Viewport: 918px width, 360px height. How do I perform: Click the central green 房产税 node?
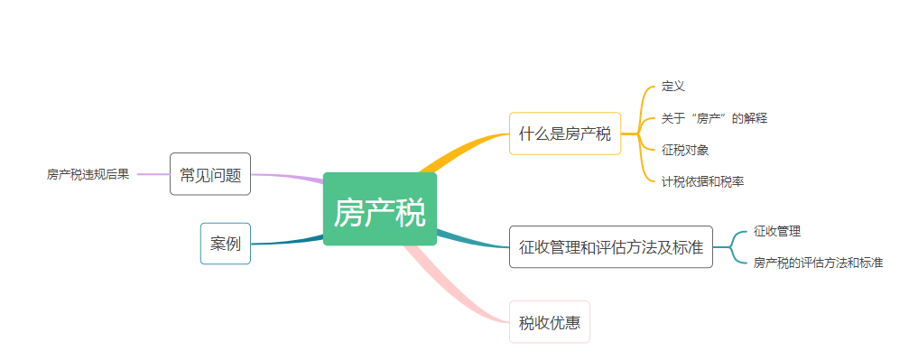pos(379,213)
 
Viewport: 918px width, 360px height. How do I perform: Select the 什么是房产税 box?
pos(565,134)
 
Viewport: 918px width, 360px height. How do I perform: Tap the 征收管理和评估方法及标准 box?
pos(610,246)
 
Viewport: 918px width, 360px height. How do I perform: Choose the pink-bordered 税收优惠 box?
pos(549,321)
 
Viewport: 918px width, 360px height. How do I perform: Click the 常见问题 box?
pos(209,174)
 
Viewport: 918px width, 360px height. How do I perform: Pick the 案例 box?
pos(225,244)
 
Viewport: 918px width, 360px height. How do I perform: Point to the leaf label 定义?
pos(673,87)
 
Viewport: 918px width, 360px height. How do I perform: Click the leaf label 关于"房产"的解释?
pos(714,118)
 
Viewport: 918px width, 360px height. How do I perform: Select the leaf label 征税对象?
pos(685,150)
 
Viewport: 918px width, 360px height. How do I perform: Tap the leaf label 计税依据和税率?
pos(702,181)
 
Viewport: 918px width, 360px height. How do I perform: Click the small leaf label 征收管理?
pos(777,231)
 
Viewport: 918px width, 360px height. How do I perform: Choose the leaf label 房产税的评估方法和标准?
pos(818,263)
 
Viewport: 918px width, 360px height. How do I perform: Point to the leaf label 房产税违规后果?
pos(88,174)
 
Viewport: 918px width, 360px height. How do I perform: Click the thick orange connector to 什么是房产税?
pos(465,150)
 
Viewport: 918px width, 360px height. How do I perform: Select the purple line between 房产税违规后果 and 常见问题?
pos(153,174)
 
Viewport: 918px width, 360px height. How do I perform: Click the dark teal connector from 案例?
pos(284,242)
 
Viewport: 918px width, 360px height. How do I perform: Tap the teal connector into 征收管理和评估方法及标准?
pos(474,242)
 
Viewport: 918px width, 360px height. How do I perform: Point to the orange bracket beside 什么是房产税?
pos(643,134)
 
